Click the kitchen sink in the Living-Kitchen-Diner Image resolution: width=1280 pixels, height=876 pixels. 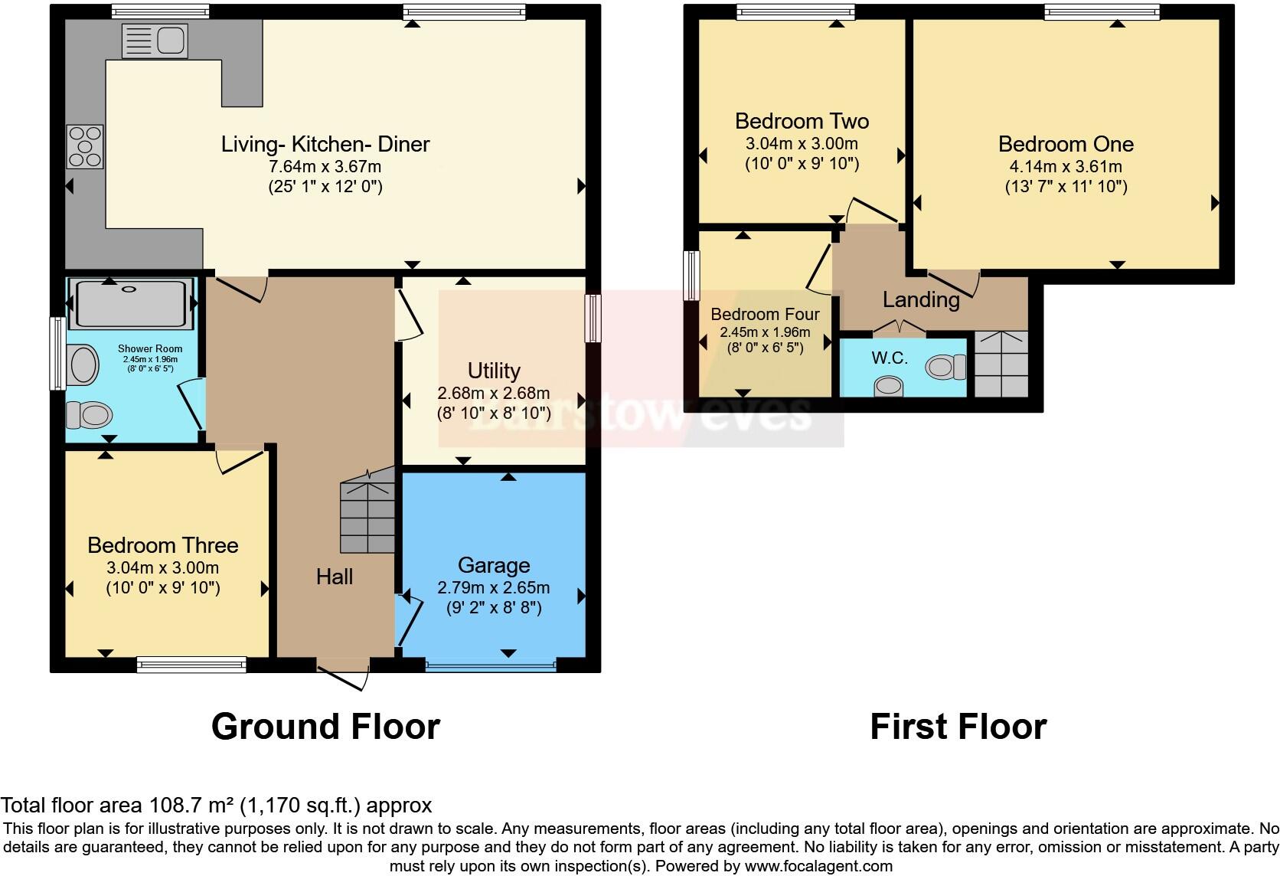click(154, 40)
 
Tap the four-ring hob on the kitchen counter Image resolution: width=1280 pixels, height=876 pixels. click(85, 146)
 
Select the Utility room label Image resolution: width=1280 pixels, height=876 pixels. click(494, 371)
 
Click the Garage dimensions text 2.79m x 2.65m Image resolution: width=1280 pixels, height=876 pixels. click(494, 588)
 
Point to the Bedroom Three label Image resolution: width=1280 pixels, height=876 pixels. click(163, 545)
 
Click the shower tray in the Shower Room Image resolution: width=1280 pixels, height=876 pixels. click(131, 303)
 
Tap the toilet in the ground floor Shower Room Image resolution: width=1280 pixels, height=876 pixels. click(88, 415)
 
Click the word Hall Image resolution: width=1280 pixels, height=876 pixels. click(335, 577)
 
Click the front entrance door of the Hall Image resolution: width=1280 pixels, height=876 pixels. click(345, 672)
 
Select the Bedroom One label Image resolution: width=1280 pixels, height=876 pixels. click(1066, 144)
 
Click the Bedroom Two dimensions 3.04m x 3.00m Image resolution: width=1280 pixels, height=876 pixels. click(802, 143)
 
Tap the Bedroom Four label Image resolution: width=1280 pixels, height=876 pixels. click(765, 314)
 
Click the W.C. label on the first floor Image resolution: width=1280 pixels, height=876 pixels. click(889, 358)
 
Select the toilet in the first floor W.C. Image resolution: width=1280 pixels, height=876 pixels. click(945, 368)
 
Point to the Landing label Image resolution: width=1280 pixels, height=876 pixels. click(921, 299)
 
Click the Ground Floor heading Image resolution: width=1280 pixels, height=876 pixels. click(325, 726)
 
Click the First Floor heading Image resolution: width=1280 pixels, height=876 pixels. click(958, 726)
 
